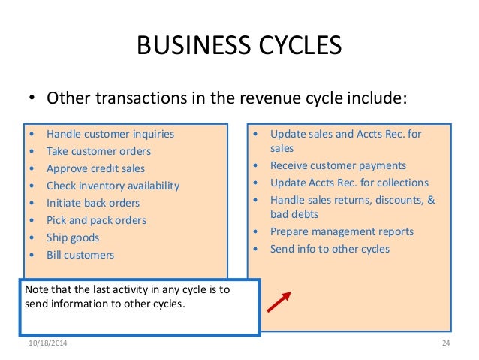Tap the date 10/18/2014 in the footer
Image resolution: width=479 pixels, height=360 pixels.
[47, 343]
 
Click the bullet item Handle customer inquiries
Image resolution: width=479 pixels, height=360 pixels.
[110, 135]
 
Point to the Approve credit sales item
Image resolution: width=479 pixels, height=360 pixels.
[95, 169]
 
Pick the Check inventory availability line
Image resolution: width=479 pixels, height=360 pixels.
[113, 186]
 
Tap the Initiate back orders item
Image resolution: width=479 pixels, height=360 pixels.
[92, 204]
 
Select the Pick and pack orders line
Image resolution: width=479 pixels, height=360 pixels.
[96, 221]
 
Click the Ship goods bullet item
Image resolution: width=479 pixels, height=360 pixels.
[72, 238]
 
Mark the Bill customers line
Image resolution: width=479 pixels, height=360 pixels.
[80, 256]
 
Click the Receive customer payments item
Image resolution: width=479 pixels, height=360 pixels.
[338, 165]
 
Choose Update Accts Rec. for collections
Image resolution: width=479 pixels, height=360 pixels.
[349, 183]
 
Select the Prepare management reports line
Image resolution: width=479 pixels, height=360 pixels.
[342, 231]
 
